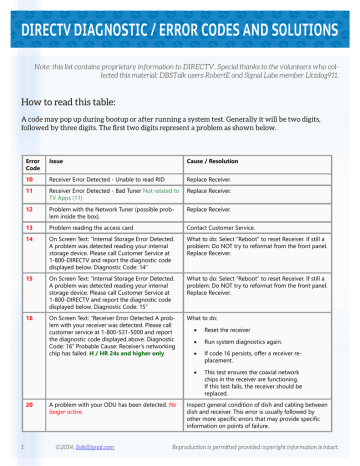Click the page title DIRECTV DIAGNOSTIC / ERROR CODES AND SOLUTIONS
click(x=180, y=21)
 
